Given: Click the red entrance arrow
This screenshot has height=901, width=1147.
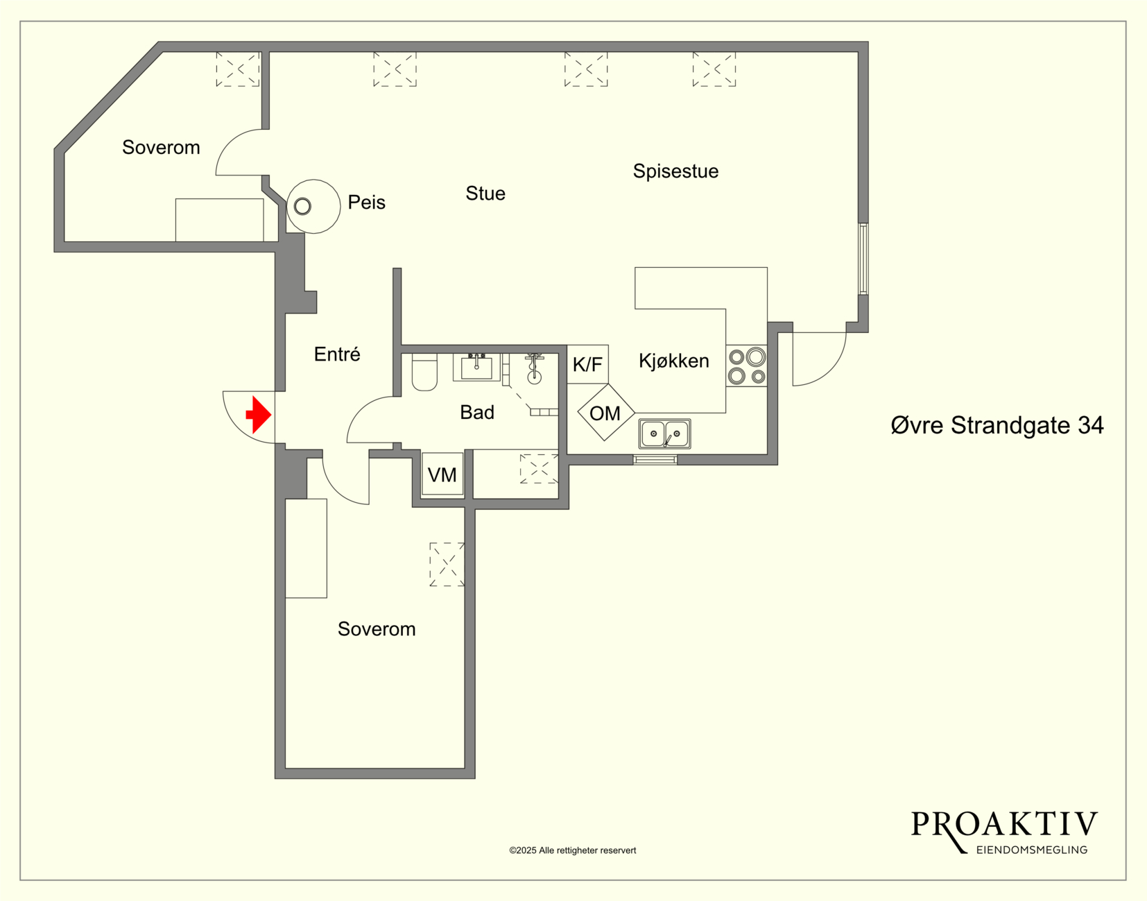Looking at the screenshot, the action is (x=259, y=415).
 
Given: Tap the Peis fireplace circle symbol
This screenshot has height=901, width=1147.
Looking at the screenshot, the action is (x=313, y=207).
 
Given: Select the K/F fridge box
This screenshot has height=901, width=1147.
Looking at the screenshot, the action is (x=587, y=364).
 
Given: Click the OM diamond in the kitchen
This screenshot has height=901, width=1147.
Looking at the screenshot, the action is (x=606, y=413).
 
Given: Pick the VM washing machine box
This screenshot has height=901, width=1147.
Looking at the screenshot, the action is (x=442, y=474).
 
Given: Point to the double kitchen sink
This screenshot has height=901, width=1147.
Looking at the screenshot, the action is (x=664, y=434).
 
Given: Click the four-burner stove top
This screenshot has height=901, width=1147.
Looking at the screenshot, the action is (x=746, y=366).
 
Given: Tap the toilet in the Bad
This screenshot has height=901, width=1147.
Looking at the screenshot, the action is (x=424, y=372).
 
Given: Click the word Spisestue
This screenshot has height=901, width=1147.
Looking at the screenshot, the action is (x=675, y=171).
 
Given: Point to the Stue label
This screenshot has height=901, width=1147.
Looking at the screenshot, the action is (x=485, y=194).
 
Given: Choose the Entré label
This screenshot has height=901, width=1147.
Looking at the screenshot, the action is (x=337, y=354).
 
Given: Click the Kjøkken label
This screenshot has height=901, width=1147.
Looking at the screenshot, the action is (x=674, y=361).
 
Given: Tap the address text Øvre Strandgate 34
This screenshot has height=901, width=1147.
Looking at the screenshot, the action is (x=997, y=425).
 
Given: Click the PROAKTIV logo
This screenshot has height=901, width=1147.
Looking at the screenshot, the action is (x=1004, y=832).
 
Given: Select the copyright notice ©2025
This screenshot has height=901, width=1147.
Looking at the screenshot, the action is (x=572, y=850).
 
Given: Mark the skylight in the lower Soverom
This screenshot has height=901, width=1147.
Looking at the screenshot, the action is (x=447, y=564).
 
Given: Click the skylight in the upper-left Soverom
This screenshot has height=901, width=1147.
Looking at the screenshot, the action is (x=238, y=69).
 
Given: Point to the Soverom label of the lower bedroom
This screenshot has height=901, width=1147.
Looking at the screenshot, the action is (x=377, y=629).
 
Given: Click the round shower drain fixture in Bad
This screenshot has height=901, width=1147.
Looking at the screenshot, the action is (x=534, y=377).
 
